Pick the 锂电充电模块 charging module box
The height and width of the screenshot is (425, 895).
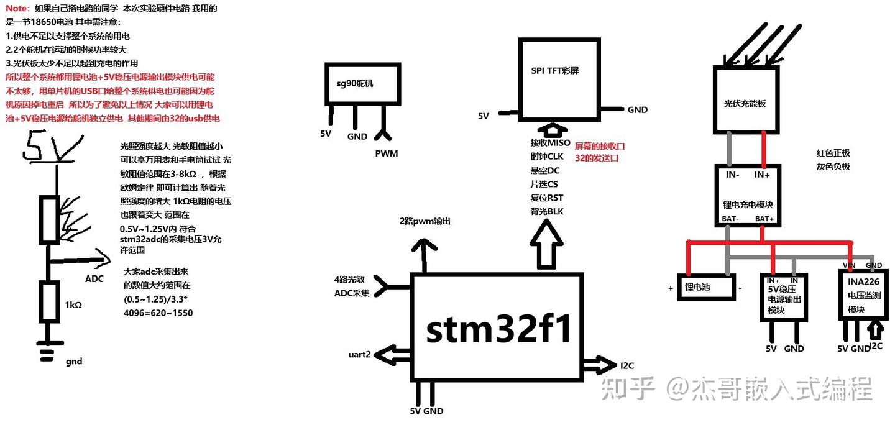[x=748, y=195]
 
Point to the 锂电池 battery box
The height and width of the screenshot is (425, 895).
[x=706, y=288]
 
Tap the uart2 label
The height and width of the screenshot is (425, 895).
[x=359, y=355]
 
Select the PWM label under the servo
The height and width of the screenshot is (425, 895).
[x=386, y=153]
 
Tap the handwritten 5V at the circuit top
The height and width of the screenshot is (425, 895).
[x=47, y=148]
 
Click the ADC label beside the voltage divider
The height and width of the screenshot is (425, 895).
[x=94, y=278]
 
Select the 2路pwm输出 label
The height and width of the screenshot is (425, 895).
[x=425, y=221]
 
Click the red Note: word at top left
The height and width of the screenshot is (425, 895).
[x=17, y=9]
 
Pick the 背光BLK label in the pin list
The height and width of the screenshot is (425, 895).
[x=546, y=211]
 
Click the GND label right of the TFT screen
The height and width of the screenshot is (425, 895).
[x=637, y=110]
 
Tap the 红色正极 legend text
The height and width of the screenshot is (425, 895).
[x=833, y=153]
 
